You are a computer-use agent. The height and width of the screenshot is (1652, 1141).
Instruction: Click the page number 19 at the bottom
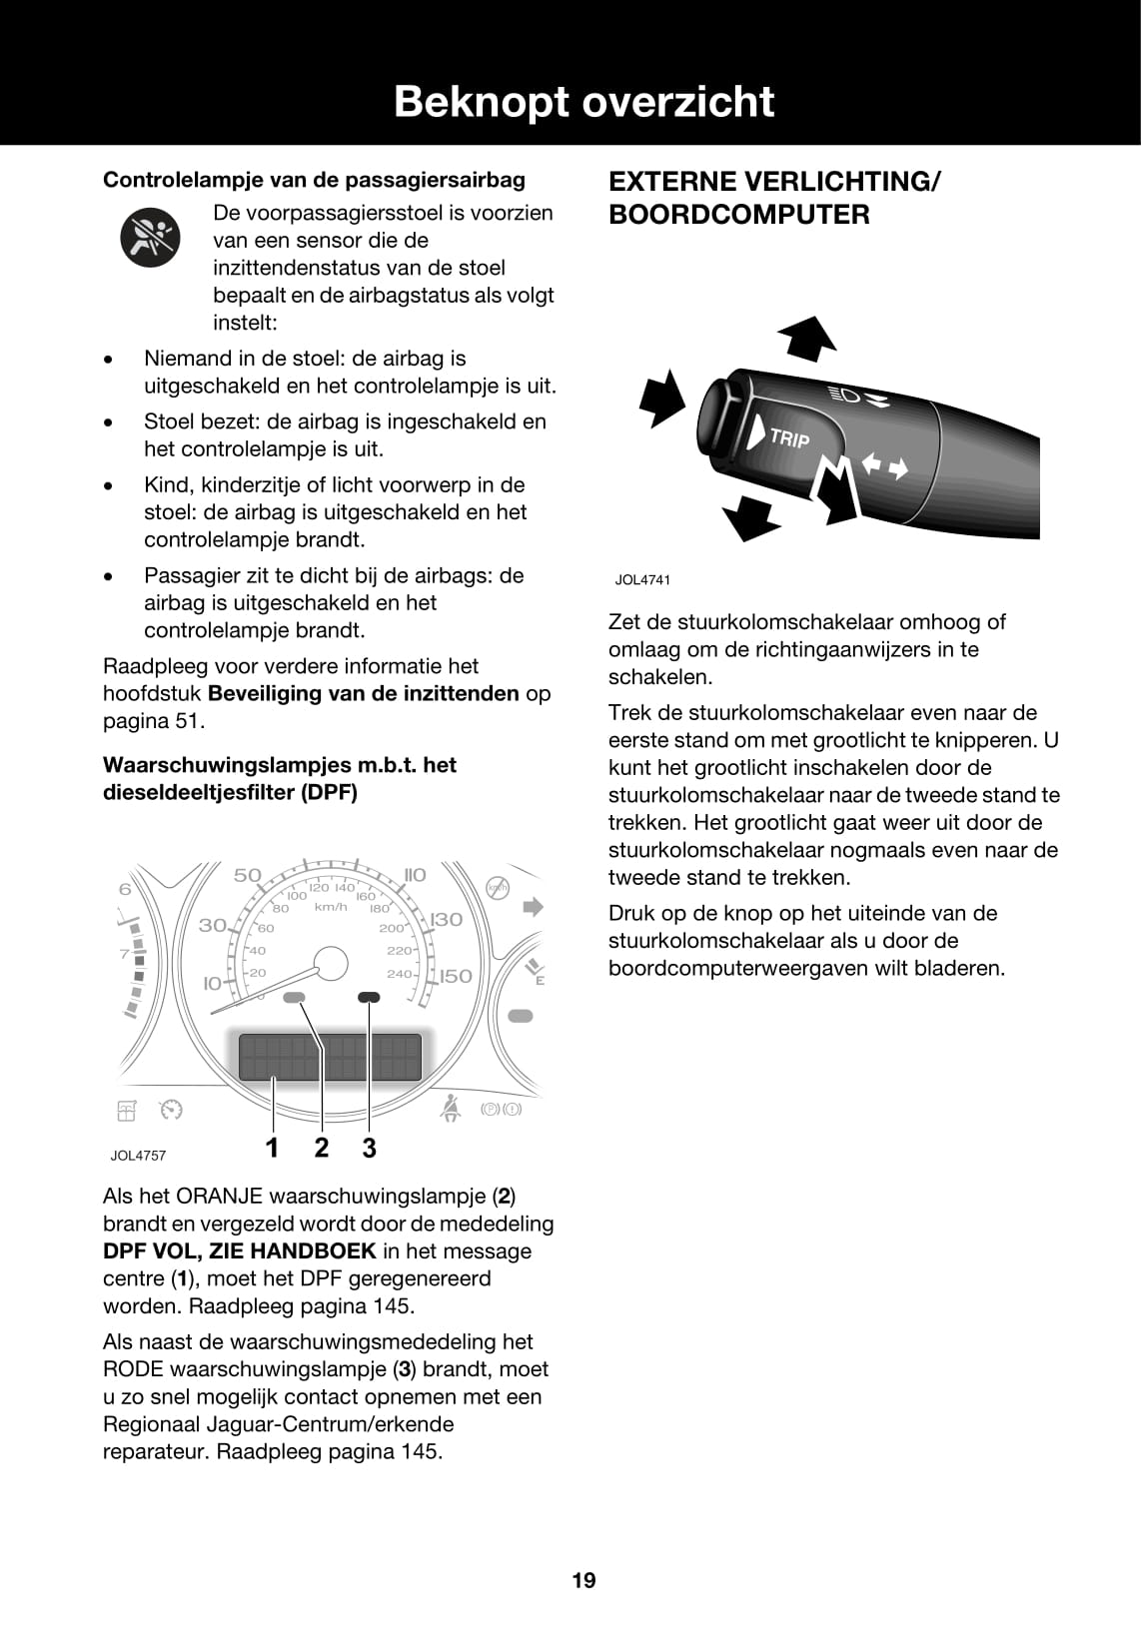click(583, 1580)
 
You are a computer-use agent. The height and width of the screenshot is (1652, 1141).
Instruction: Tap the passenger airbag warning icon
click(150, 238)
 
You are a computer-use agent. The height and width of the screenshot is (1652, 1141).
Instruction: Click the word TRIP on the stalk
click(790, 436)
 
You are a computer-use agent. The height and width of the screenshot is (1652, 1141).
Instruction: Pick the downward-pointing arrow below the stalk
click(750, 518)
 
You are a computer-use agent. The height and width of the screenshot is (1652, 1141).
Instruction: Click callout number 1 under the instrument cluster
click(272, 1148)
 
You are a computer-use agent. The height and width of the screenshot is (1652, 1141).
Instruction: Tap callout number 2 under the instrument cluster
click(321, 1148)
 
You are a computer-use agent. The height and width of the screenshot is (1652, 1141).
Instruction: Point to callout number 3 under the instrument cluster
click(369, 1148)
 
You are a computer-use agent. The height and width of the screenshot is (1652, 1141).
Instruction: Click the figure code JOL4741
click(642, 579)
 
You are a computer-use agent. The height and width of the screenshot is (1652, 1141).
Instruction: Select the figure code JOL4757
click(138, 1156)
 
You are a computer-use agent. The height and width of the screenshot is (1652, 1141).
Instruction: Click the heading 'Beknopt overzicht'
click(583, 102)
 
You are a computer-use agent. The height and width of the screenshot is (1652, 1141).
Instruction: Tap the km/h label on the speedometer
click(331, 907)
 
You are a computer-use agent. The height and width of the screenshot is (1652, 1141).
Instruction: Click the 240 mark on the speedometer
click(399, 973)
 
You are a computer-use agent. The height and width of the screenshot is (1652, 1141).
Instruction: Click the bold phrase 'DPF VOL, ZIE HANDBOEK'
click(240, 1250)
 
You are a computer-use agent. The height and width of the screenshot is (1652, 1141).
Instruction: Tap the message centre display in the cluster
click(330, 1057)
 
